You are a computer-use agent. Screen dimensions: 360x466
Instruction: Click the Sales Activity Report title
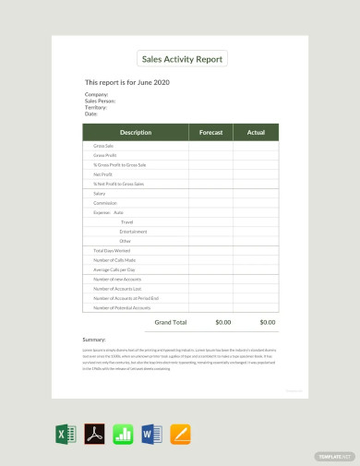(x=182, y=60)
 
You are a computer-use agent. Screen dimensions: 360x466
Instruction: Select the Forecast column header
(x=211, y=133)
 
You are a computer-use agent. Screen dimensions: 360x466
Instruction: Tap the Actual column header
(x=256, y=133)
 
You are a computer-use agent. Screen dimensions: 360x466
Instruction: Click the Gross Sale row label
(x=103, y=146)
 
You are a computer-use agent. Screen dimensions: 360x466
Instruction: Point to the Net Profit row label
(x=103, y=173)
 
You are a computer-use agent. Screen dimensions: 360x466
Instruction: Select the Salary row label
(x=100, y=194)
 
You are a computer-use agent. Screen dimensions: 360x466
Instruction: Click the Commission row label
(x=105, y=202)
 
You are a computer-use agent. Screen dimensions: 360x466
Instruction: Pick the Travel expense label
(x=126, y=221)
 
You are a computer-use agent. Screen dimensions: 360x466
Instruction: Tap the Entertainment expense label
(x=133, y=232)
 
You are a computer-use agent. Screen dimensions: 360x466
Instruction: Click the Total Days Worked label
(x=112, y=251)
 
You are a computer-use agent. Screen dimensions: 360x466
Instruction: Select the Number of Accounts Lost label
(x=117, y=289)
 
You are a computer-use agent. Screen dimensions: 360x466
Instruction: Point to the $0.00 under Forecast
(x=222, y=322)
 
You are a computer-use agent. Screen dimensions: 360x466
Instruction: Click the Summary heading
(x=94, y=341)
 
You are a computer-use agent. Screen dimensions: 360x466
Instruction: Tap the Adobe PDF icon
(x=94, y=433)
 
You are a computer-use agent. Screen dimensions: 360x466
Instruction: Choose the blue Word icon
(x=151, y=433)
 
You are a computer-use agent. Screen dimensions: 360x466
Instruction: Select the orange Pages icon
(x=180, y=433)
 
